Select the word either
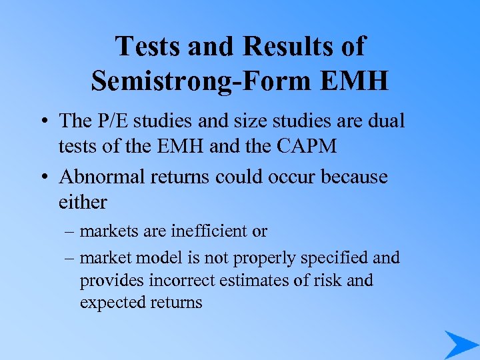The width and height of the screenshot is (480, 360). [x=83, y=201]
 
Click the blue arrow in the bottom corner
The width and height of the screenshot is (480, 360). [x=460, y=344]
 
